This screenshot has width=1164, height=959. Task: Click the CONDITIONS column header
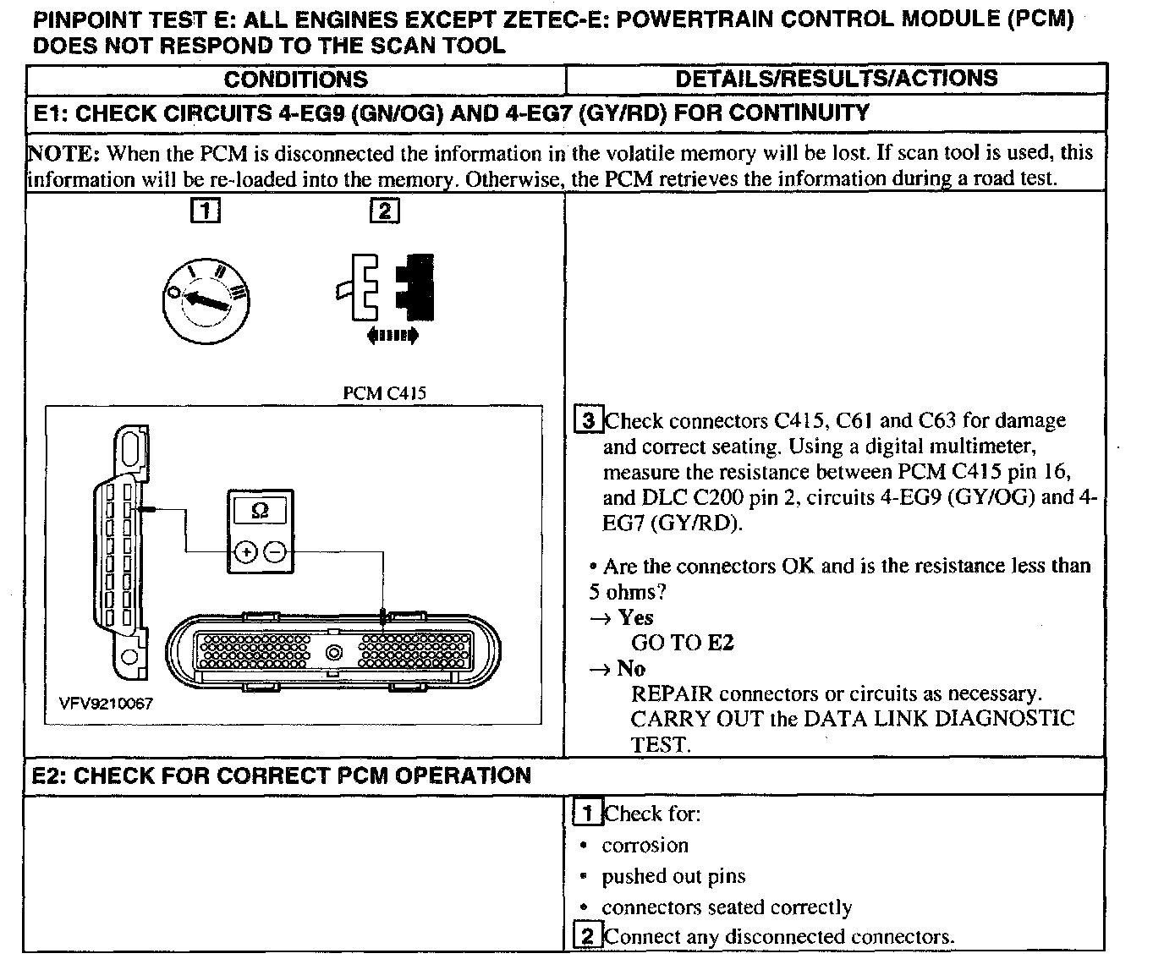pyautogui.click(x=295, y=79)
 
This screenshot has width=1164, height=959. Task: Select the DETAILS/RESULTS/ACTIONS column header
pyautogui.click(x=836, y=79)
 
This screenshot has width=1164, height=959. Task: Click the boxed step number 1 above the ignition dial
pyautogui.click(x=206, y=210)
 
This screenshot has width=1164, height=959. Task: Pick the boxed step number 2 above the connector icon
pyautogui.click(x=384, y=210)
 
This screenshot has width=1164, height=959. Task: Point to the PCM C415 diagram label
pyautogui.click(x=384, y=393)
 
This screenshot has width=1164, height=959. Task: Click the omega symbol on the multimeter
pyautogui.click(x=261, y=511)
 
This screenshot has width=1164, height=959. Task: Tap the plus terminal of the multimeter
pyautogui.click(x=245, y=552)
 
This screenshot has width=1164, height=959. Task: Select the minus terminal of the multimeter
pyautogui.click(x=275, y=552)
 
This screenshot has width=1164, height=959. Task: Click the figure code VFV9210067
pyautogui.click(x=106, y=704)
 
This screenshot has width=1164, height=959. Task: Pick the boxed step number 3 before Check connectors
pyautogui.click(x=588, y=420)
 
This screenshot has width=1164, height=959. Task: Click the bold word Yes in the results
pyautogui.click(x=635, y=617)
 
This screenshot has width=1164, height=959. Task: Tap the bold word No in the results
pyautogui.click(x=631, y=668)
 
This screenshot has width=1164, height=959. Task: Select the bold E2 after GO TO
pyautogui.click(x=720, y=643)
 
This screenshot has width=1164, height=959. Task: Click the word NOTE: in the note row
pyautogui.click(x=64, y=153)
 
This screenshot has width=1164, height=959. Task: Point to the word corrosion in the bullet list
pyautogui.click(x=645, y=845)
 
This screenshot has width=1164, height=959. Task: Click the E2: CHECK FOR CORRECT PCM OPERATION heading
pyautogui.click(x=282, y=775)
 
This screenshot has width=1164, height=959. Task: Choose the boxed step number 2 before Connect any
pyautogui.click(x=588, y=936)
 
